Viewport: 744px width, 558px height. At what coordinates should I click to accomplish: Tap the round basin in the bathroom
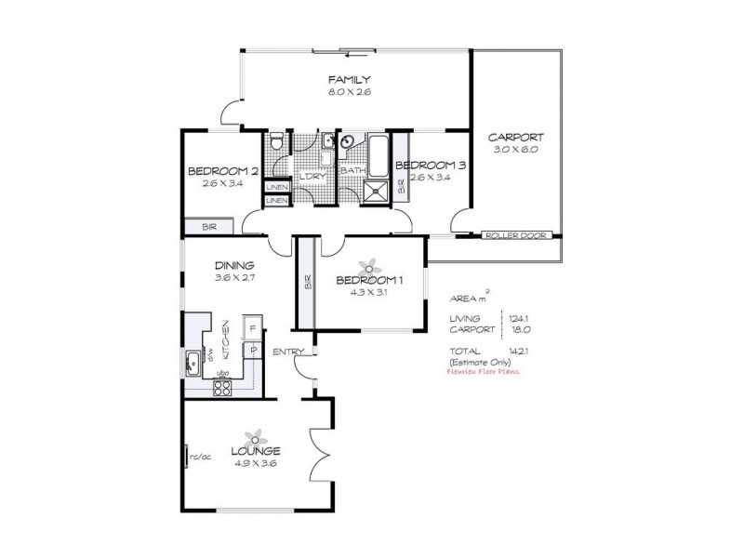[346, 142]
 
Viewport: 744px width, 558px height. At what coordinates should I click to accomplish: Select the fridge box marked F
[251, 327]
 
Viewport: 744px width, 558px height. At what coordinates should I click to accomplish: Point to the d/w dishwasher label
[211, 354]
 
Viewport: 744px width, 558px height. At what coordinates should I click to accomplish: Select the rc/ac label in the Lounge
[199, 457]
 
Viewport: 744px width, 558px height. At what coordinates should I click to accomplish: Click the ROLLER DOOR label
[511, 235]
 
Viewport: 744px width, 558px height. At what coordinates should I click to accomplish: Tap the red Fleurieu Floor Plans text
[485, 370]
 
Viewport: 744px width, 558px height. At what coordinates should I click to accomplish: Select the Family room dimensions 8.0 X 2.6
[350, 93]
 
